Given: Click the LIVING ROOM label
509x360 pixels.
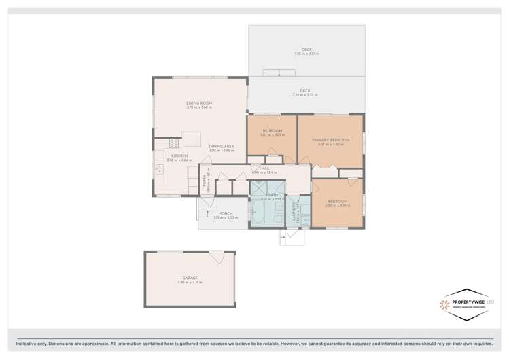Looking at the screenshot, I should tap(199, 103).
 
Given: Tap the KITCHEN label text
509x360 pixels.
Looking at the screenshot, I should tap(179, 156).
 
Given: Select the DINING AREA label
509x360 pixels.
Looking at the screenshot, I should tap(222, 147).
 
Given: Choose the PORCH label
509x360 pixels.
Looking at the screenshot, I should tap(226, 215).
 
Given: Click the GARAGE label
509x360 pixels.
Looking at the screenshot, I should tap(190, 278).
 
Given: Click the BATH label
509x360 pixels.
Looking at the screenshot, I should tap(273, 195).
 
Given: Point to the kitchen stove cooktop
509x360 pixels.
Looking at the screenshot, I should tap(173, 143).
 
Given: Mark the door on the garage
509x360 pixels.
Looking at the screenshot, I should tap(217, 257).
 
